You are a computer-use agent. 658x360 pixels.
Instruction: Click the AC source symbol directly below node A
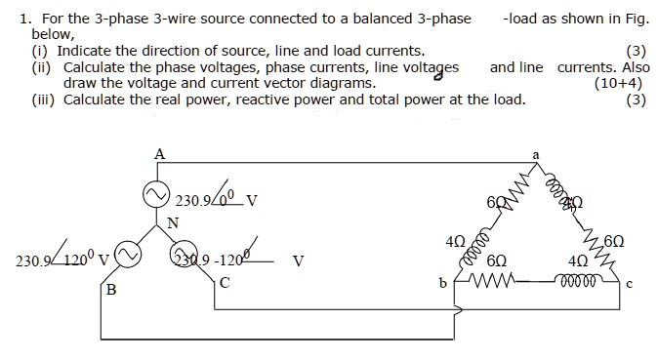coord(157,195)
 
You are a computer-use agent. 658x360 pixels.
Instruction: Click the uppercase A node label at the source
coord(159,152)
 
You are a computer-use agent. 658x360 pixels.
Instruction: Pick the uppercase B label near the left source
coord(110,291)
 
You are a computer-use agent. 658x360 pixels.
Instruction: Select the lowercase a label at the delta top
coord(535,154)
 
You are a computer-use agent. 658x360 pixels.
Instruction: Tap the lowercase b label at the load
coord(443,284)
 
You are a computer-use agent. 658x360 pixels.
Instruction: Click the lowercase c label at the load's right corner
coord(630,284)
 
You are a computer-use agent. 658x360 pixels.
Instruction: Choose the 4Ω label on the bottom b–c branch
coord(578,261)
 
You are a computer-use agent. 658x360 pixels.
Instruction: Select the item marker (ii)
coord(43,67)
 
